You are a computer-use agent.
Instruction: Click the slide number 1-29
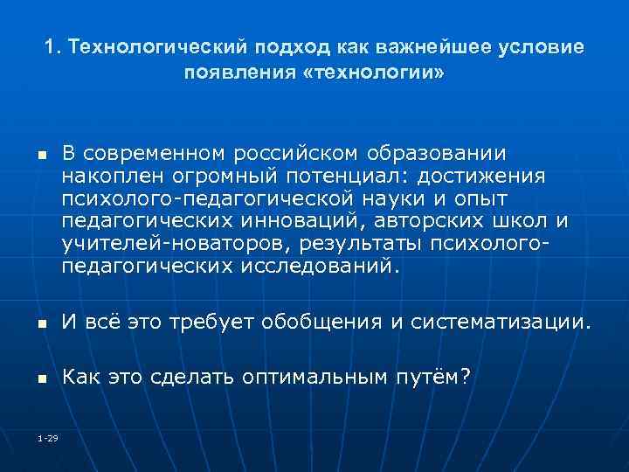click(48, 438)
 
